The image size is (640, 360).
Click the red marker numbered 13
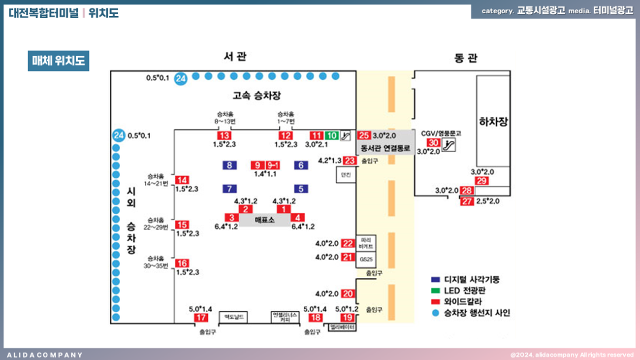pyautogui.click(x=224, y=136)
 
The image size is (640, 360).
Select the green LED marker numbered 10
pyautogui.click(x=331, y=136)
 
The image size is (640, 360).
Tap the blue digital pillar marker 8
pyautogui.click(x=229, y=165)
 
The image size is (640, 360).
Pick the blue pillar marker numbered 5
pyautogui.click(x=301, y=189)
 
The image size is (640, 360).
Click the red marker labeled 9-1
pyautogui.click(x=273, y=165)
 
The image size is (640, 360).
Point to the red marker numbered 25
pyautogui.click(x=364, y=136)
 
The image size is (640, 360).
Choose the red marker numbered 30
pyautogui.click(x=433, y=143)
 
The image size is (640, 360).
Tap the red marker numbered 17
pyautogui.click(x=201, y=318)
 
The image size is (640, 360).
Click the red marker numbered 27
pyautogui.click(x=467, y=201)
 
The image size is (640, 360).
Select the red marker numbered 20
pyautogui.click(x=348, y=294)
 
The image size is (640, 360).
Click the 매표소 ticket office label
pyautogui.click(x=265, y=220)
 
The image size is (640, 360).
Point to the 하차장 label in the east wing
pyautogui.click(x=492, y=121)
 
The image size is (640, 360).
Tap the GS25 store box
pyautogui.click(x=365, y=259)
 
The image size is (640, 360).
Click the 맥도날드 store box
pyautogui.click(x=233, y=317)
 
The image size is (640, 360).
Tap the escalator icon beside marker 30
pyautogui.click(x=449, y=144)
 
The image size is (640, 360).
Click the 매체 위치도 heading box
pyautogui.click(x=59, y=61)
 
